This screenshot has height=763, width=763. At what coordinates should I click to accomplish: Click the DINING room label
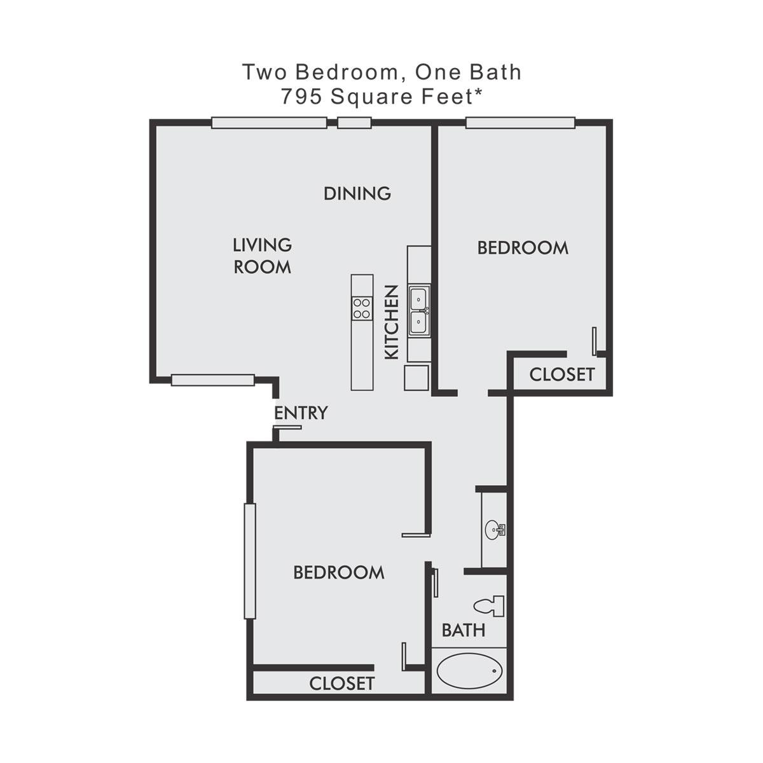pyautogui.click(x=357, y=193)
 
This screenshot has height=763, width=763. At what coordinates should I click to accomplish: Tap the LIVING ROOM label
pyautogui.click(x=262, y=256)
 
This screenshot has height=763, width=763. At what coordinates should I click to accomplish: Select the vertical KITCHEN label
pyautogui.click(x=392, y=322)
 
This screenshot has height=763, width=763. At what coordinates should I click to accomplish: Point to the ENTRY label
pyautogui.click(x=301, y=413)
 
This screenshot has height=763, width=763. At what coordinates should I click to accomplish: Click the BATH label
pyautogui.click(x=464, y=630)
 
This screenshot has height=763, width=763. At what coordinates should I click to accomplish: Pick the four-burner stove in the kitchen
pyautogui.click(x=362, y=309)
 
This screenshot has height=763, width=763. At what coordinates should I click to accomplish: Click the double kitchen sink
pyautogui.click(x=419, y=310)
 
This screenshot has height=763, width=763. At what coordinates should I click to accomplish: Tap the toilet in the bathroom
pyautogui.click(x=490, y=606)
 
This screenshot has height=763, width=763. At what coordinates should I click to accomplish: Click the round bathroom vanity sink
pyautogui.click(x=495, y=530)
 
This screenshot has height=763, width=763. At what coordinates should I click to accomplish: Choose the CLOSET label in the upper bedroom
pyautogui.click(x=562, y=375)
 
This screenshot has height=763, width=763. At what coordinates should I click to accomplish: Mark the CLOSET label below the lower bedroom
pyautogui.click(x=341, y=684)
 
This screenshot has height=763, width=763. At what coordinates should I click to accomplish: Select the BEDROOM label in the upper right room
pyautogui.click(x=523, y=248)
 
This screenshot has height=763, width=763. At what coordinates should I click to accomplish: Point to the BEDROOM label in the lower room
pyautogui.click(x=339, y=572)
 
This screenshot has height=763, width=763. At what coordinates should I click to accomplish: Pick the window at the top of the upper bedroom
pyautogui.click(x=520, y=123)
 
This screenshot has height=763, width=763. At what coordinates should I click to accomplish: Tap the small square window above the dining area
pyautogui.click(x=354, y=123)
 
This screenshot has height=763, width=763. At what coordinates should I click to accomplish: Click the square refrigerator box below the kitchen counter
pyautogui.click(x=416, y=378)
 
